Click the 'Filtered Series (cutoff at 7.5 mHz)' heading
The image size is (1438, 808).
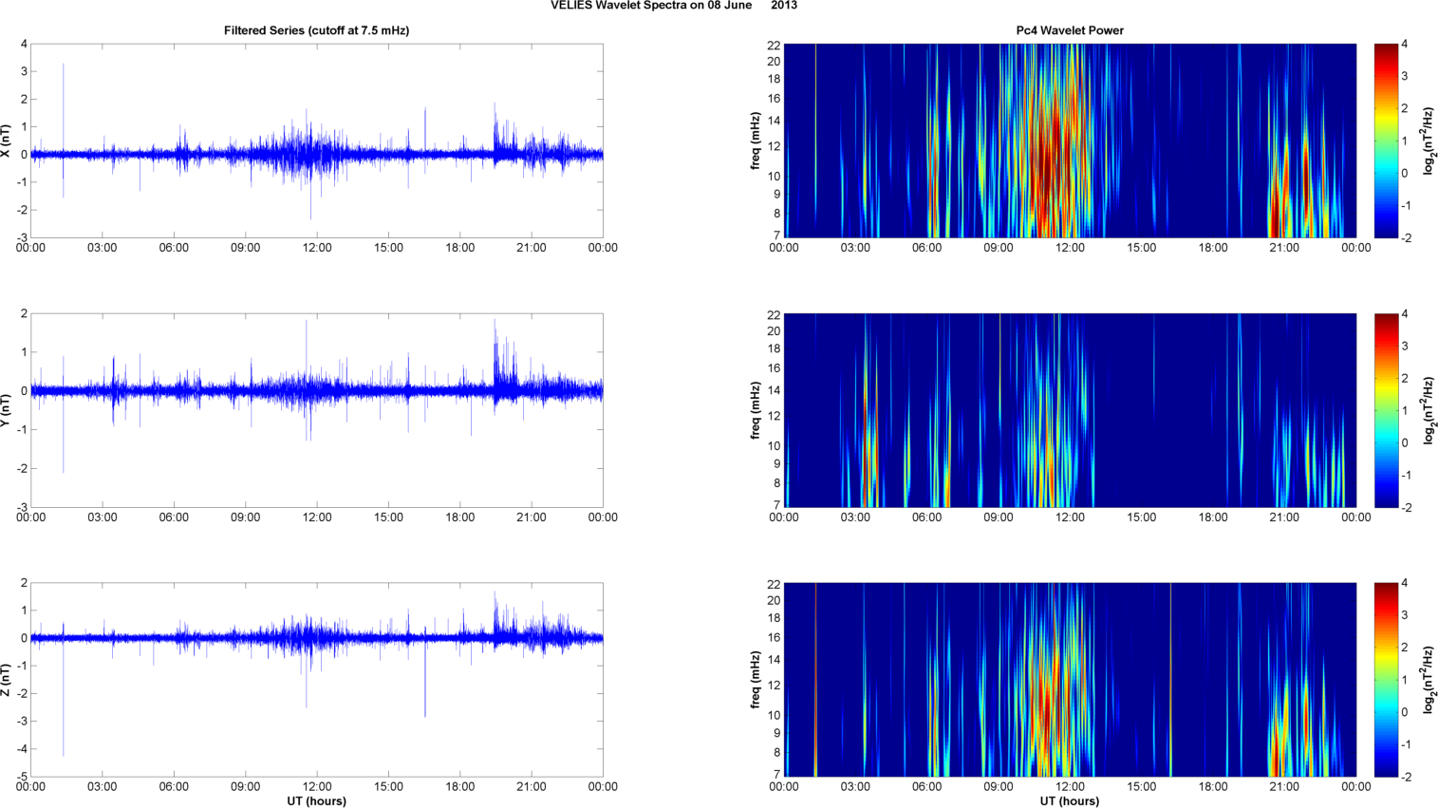tap(316, 30)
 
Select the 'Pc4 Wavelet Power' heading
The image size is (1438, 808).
tap(1070, 30)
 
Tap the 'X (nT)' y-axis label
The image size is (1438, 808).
tap(7, 141)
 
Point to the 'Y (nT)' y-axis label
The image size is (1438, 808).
tap(7, 410)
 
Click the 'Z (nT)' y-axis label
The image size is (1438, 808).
tap(7, 680)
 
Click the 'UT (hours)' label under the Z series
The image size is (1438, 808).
tap(316, 800)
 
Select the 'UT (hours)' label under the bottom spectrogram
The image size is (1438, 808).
tap(1070, 800)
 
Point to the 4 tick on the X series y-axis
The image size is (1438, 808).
tap(24, 45)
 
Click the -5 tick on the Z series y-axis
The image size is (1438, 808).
tap(21, 777)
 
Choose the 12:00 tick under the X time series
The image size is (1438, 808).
tap(317, 248)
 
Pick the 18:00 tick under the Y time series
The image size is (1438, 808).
tap(460, 517)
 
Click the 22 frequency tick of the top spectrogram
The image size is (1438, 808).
tap(774, 45)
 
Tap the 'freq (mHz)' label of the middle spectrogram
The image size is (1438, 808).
tap(756, 410)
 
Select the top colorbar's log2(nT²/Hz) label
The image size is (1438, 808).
tap(1429, 141)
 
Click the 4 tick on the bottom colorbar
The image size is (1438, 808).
tap(1404, 584)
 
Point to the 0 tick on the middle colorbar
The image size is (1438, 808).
tap(1404, 442)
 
